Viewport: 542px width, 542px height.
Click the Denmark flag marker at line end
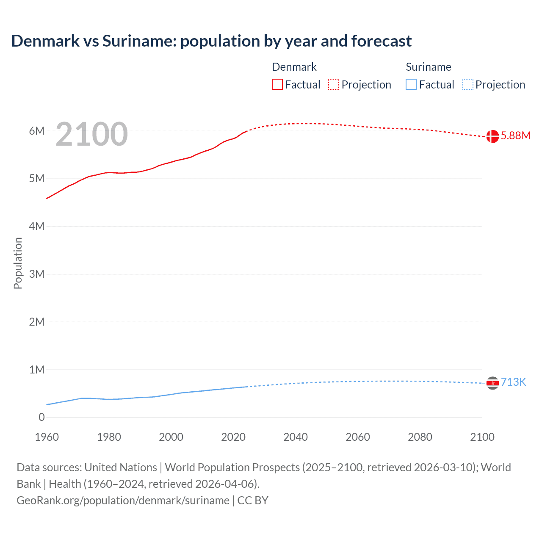point(492,136)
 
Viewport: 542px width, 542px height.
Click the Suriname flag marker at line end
point(492,383)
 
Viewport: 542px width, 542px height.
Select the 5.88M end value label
point(515,136)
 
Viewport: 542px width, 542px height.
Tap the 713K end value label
point(513,382)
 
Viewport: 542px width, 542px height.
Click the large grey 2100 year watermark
point(91,134)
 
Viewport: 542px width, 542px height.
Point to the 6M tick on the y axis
point(37,131)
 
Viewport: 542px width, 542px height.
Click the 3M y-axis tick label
point(37,274)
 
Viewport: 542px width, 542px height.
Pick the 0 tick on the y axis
point(41,418)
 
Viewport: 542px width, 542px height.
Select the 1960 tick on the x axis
point(47,437)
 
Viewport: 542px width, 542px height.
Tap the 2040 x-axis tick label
point(296,437)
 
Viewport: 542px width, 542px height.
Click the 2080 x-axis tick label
point(420,437)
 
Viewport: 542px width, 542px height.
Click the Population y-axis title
point(18,263)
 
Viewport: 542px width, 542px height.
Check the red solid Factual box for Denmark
point(277,85)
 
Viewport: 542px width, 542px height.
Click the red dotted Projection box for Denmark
point(334,85)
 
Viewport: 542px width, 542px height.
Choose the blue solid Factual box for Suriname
point(411,85)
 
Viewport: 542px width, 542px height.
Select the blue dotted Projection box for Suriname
point(468,85)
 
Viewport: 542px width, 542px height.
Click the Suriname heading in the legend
point(429,67)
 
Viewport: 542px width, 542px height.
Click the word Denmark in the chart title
point(45,41)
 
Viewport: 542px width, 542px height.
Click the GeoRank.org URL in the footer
point(123,501)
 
